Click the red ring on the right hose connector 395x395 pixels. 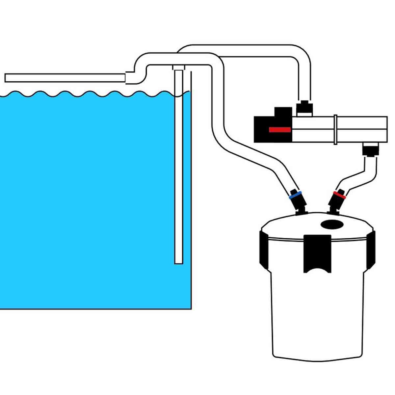339,195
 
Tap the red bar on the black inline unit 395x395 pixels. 280,130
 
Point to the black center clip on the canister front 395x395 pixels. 317,252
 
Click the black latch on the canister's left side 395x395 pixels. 264,249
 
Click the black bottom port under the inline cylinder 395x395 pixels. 371,149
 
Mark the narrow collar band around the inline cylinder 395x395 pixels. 335,129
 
